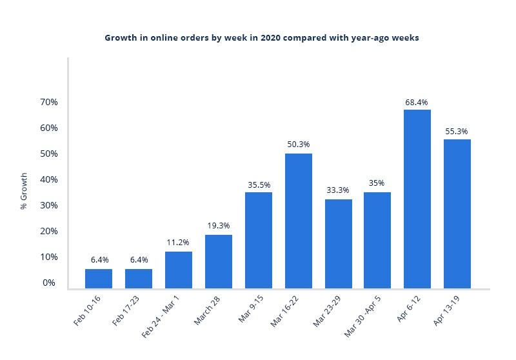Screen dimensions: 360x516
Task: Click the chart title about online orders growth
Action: [x=262, y=38]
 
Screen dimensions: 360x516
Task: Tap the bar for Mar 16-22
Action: [x=299, y=221]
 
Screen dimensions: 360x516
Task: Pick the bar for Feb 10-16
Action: [x=99, y=278]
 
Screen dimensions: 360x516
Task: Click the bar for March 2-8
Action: [x=219, y=261]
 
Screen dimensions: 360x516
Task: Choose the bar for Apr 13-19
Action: [x=457, y=214]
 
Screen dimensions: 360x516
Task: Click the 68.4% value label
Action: [x=417, y=103]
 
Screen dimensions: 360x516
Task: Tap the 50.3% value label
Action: [x=299, y=145]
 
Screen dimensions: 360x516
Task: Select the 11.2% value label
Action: [x=177, y=243]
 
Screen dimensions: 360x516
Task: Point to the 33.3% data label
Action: [x=339, y=190]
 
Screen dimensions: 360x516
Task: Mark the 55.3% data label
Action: [x=457, y=132]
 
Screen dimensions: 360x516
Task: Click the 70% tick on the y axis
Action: [x=49, y=103]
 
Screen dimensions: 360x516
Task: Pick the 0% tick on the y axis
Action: [x=49, y=283]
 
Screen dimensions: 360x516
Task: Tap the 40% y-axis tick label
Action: [x=49, y=179]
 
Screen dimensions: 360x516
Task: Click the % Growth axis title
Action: [x=24, y=191]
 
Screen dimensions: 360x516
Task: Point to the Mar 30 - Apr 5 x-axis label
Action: [x=364, y=316]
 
